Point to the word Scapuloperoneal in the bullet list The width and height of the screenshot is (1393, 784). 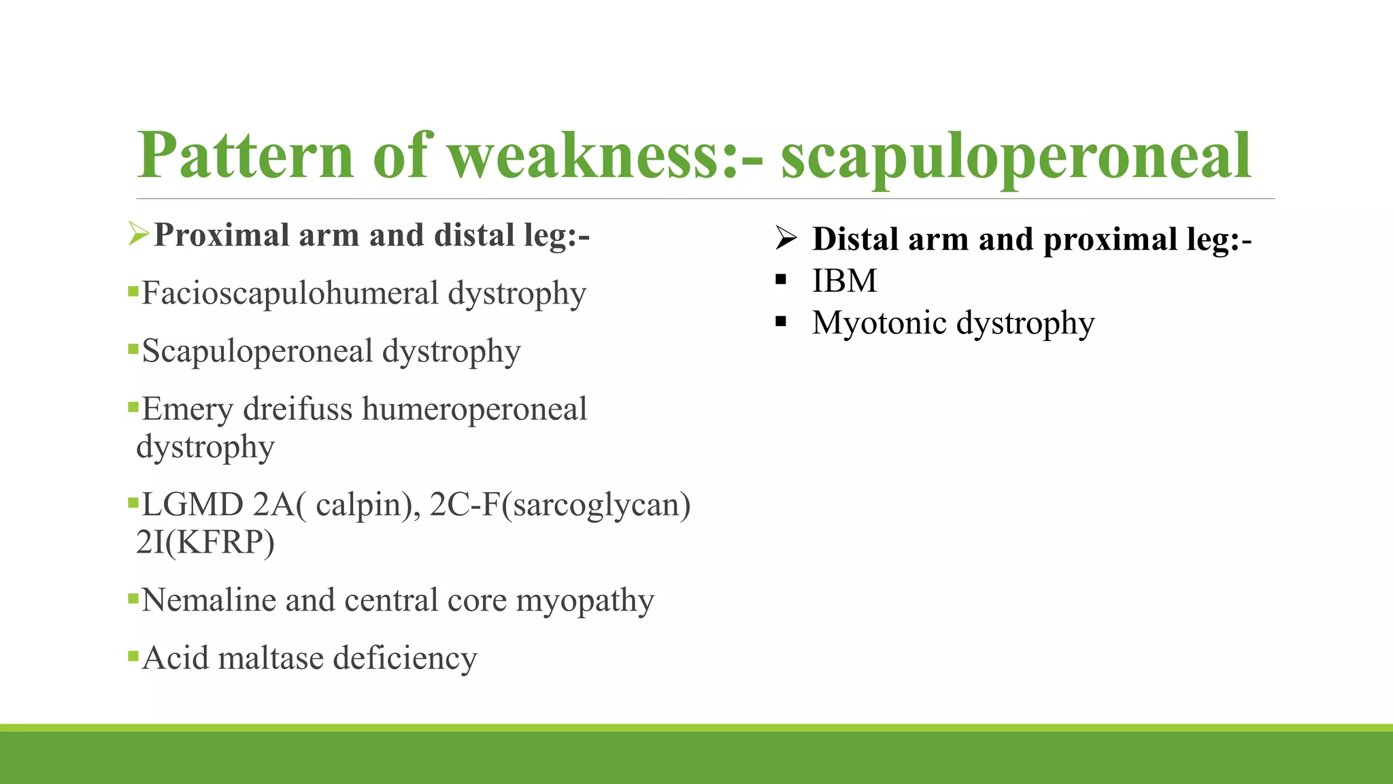258,352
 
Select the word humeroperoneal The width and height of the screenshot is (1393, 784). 474,409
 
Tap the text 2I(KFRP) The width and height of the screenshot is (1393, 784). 205,542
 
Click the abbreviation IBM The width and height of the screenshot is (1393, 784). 844,281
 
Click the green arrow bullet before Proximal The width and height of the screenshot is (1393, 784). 138,234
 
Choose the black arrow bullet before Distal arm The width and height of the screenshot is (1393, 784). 786,238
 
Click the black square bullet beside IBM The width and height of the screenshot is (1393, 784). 781,280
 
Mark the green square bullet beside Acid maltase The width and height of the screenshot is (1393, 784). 133,657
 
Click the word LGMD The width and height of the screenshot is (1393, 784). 192,505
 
